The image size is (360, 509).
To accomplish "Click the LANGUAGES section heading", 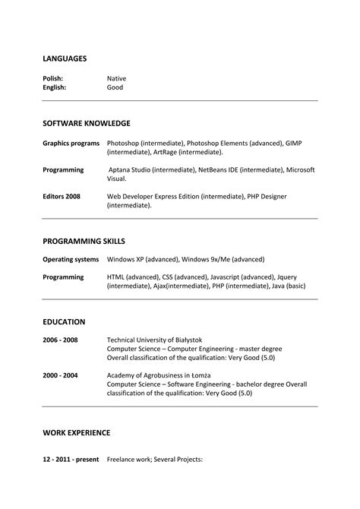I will point(65,58).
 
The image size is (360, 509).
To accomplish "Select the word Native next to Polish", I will point(116,78).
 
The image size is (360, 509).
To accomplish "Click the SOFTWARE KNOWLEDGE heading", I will point(87,123).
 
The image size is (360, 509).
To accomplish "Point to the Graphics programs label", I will point(71,143).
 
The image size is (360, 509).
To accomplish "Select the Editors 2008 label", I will point(62,196).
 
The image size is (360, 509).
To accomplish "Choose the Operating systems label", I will point(71,259).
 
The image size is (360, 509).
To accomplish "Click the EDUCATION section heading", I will point(64,321).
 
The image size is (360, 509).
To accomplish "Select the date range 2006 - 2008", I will point(60,340).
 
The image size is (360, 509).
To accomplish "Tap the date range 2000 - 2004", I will point(60,375).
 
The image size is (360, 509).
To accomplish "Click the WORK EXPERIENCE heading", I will point(77,432).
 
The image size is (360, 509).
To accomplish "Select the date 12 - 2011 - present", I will point(71,460).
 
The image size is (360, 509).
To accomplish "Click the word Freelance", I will point(122,460).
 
